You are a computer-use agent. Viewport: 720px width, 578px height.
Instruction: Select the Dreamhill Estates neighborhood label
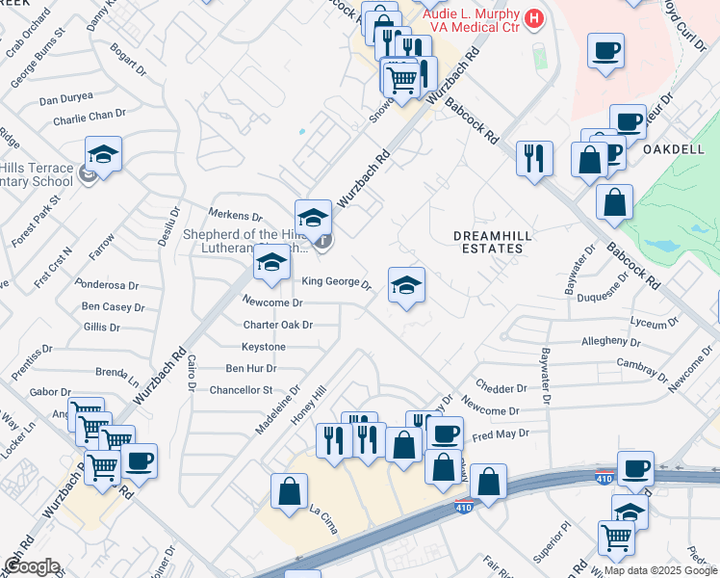tap(488, 241)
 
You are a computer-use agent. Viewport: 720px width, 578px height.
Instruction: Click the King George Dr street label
tap(336, 282)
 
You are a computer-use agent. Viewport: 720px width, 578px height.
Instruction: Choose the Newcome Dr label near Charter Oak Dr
tap(272, 302)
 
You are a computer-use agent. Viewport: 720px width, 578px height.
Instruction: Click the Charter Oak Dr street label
tap(278, 325)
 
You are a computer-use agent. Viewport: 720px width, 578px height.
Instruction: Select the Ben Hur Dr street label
tap(250, 368)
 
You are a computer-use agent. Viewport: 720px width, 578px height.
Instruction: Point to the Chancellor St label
tap(242, 390)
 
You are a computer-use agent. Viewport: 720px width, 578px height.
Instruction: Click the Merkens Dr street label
tap(237, 217)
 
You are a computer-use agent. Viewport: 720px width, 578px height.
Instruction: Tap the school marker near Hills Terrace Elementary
tap(103, 154)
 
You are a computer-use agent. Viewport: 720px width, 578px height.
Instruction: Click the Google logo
tap(32, 566)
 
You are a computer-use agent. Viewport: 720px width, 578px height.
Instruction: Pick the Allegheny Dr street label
tap(611, 341)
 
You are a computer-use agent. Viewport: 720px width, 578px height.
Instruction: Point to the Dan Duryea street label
tap(66, 97)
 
